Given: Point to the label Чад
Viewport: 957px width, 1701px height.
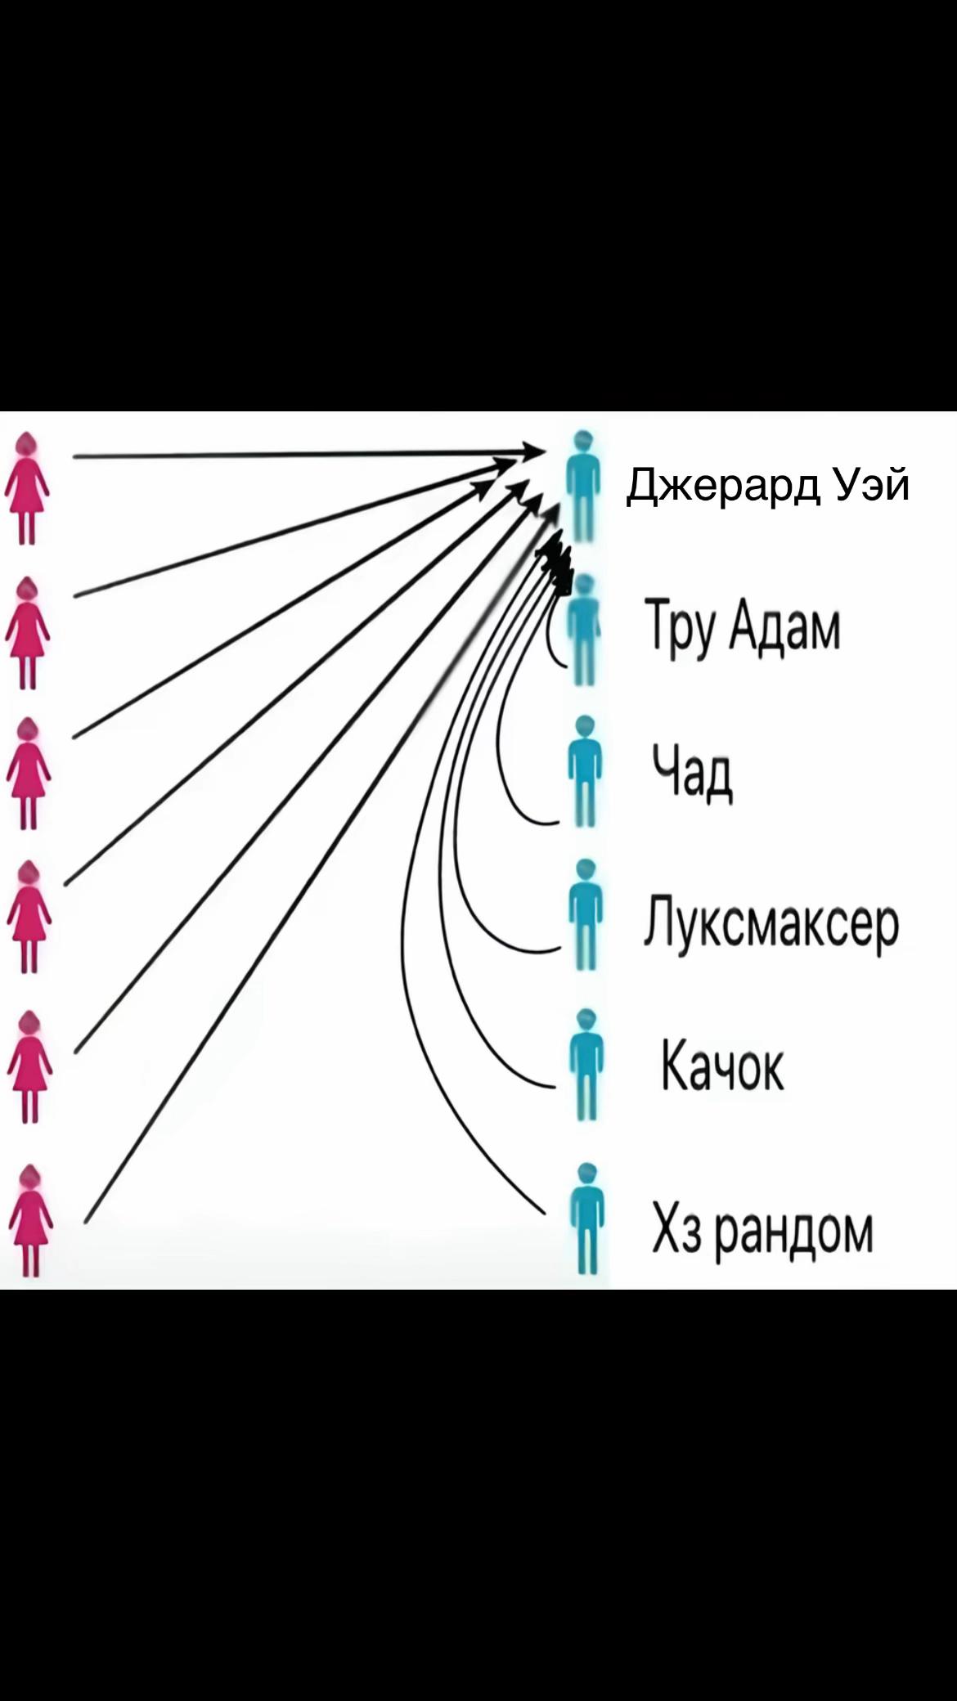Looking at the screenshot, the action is [x=692, y=772].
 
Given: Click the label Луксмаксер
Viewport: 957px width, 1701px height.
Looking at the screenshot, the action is [x=771, y=924].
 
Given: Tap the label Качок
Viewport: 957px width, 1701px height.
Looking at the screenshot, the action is [x=721, y=1066].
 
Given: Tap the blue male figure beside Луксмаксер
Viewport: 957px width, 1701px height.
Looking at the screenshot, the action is [x=584, y=914].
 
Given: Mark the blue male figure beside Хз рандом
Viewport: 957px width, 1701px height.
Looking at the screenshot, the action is [x=585, y=1219].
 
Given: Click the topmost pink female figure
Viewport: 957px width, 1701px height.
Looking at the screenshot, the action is [x=28, y=488].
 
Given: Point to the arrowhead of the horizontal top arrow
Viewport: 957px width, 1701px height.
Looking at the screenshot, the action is [x=533, y=451].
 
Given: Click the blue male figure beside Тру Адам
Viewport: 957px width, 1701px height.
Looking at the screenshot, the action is [x=583, y=628].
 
